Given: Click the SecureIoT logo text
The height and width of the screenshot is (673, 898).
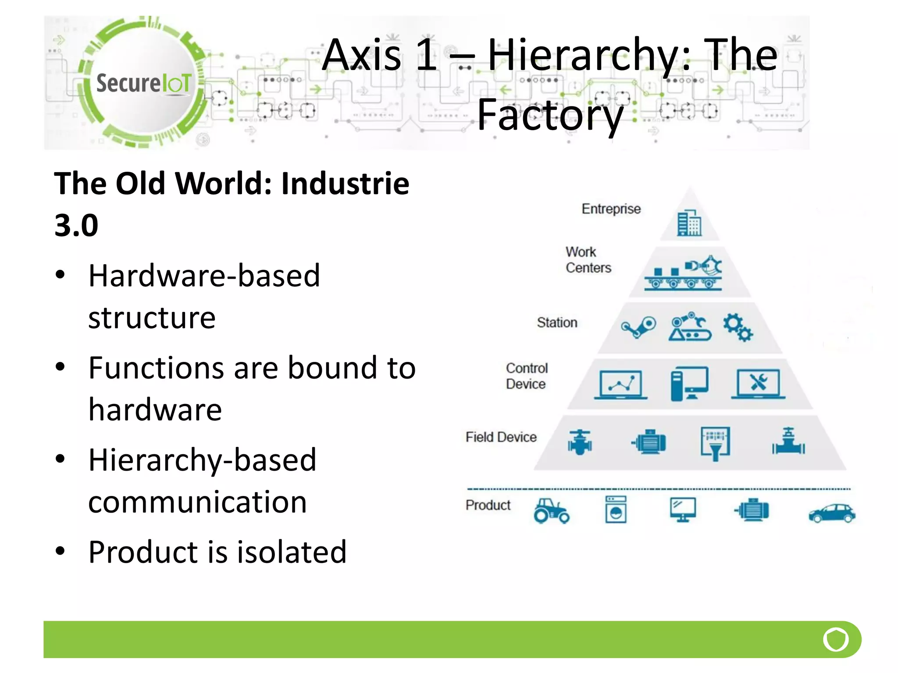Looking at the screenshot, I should point(143,83).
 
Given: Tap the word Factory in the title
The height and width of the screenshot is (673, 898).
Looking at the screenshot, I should point(550,115).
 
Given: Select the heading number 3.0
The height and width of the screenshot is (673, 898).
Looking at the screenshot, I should point(76,226).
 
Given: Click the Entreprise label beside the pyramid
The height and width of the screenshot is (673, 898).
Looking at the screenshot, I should point(611,209).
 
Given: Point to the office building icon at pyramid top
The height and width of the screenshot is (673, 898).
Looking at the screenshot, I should point(689,223).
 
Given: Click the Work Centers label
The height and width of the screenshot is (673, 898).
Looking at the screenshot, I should point(588,260).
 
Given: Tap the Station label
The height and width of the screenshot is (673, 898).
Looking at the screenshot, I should point(557,322).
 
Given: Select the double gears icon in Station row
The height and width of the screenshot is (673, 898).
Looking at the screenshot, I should point(738,327).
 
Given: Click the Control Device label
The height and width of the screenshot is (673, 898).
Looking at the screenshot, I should point(527,376).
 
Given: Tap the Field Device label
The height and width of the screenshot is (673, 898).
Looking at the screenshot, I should point(501,437).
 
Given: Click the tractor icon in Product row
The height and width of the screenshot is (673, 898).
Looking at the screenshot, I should point(551,511).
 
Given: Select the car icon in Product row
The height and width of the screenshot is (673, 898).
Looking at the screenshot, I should point(831,513).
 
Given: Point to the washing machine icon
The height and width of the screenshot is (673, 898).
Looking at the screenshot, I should point(616,510).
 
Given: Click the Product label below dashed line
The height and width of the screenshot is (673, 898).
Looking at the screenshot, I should point(488,505).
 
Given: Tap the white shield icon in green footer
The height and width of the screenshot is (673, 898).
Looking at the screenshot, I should point(836,639).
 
